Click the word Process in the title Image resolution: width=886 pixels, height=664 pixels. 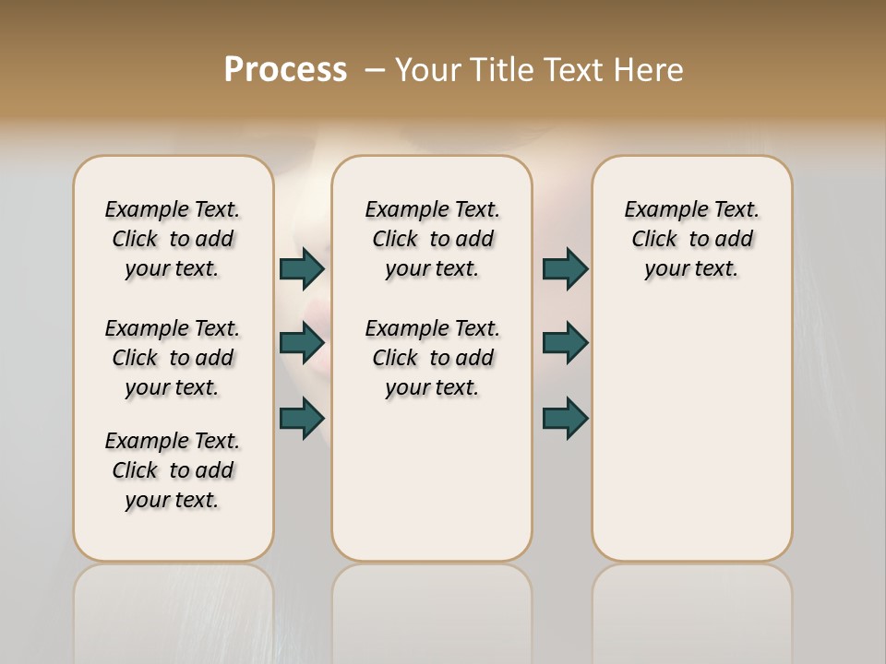click(x=285, y=69)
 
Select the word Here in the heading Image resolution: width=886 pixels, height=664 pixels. click(x=649, y=69)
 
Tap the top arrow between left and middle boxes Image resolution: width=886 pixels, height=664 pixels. click(x=302, y=268)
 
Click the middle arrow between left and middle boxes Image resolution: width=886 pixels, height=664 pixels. click(x=302, y=342)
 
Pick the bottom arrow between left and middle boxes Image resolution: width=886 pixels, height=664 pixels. click(x=302, y=418)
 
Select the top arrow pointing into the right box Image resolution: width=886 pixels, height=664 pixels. click(x=565, y=268)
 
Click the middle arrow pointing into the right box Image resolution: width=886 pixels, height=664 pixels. click(x=565, y=342)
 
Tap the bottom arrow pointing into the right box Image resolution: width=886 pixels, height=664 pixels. click(x=565, y=418)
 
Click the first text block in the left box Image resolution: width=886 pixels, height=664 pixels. click(x=173, y=239)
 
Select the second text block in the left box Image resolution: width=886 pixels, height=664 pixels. click(x=173, y=357)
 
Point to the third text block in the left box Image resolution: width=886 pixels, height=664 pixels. click(x=173, y=470)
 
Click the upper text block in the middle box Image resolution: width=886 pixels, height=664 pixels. click(x=432, y=239)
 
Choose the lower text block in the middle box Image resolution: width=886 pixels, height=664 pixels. click(x=432, y=357)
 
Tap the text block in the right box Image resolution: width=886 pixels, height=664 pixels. click(x=691, y=239)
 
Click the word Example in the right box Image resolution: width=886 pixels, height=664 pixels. click(x=659, y=210)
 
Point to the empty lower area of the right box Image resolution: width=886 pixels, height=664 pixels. click(x=691, y=433)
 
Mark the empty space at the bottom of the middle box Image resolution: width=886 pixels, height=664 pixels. click(x=432, y=489)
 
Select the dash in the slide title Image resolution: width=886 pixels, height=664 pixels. click(x=375, y=69)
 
